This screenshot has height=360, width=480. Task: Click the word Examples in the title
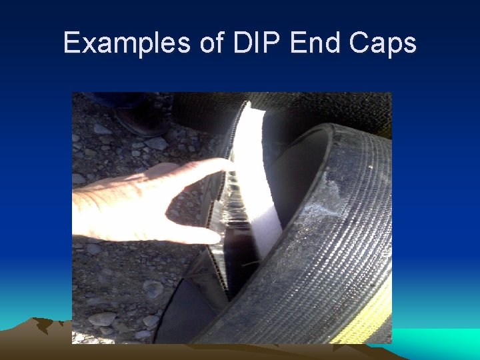tap(126, 43)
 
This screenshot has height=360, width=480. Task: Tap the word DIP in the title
tap(255, 43)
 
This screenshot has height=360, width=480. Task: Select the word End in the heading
tap(313, 43)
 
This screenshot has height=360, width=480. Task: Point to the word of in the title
tap(210, 43)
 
